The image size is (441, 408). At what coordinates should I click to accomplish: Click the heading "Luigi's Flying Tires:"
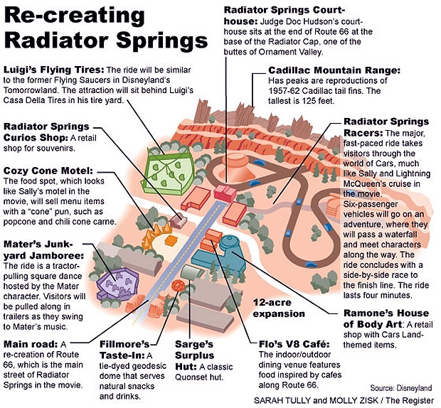[x=54, y=70]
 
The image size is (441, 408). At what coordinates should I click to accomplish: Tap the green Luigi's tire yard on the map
[x=168, y=172]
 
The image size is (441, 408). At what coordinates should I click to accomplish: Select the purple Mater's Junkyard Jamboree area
[x=117, y=283]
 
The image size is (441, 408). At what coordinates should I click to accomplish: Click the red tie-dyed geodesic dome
[x=178, y=285]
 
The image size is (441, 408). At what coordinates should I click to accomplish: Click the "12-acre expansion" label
[x=279, y=308]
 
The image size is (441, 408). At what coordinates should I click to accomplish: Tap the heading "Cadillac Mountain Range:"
[x=334, y=70]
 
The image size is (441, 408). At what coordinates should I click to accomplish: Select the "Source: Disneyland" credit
[x=400, y=388]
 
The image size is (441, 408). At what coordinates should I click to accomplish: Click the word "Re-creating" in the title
[x=75, y=16]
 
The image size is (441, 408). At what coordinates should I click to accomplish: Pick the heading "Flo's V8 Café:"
[x=294, y=344]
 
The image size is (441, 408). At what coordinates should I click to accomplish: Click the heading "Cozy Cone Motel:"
[x=48, y=171]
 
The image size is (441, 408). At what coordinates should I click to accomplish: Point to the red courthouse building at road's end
[x=225, y=193]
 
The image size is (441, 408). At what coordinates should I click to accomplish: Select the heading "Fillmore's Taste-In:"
[x=124, y=350]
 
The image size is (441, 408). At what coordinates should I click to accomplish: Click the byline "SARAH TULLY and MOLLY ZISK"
[x=316, y=400]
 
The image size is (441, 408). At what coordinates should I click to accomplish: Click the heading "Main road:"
[x=31, y=344]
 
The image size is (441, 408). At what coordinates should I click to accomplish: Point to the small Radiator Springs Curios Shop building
[x=178, y=220]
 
